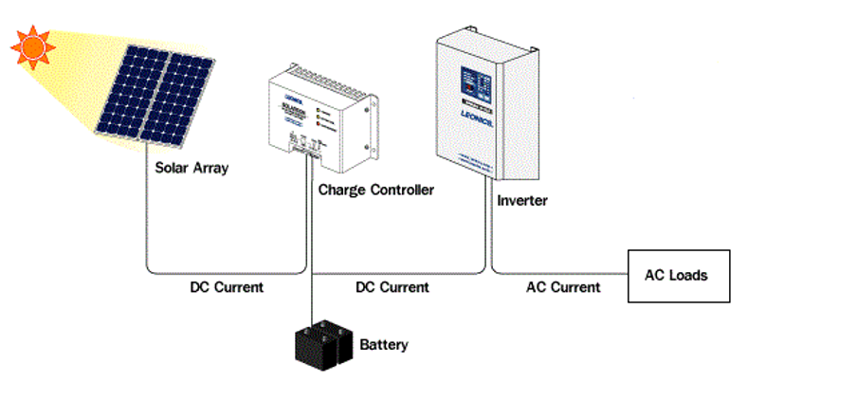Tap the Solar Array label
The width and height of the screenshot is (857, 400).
point(192,168)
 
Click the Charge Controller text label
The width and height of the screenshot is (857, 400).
point(376,190)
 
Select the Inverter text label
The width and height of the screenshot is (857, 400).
point(522,201)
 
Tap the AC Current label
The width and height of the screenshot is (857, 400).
point(563,286)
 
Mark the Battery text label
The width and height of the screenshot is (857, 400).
point(384,344)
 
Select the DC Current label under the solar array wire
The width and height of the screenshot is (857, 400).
point(227,286)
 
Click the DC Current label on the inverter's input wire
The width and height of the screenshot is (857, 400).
point(392,286)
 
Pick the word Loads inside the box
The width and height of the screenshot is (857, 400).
point(692,276)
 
